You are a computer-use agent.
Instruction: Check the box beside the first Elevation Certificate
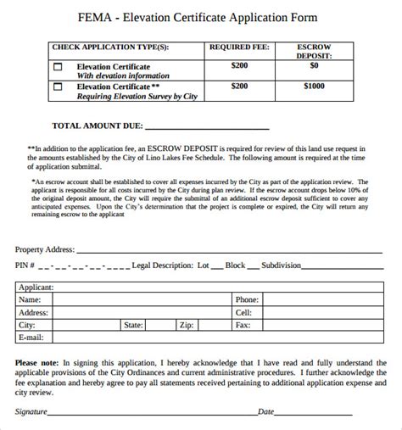click(59, 66)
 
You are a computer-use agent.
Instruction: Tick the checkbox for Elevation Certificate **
click(59, 87)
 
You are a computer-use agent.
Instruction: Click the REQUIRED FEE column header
click(239, 47)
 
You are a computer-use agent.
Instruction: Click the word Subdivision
click(282, 265)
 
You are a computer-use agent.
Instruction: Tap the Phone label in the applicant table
click(247, 299)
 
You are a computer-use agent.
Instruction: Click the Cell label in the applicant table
click(243, 312)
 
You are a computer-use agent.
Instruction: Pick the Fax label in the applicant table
click(243, 325)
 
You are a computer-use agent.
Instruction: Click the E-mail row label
click(31, 338)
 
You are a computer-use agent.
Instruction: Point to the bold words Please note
click(37, 360)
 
